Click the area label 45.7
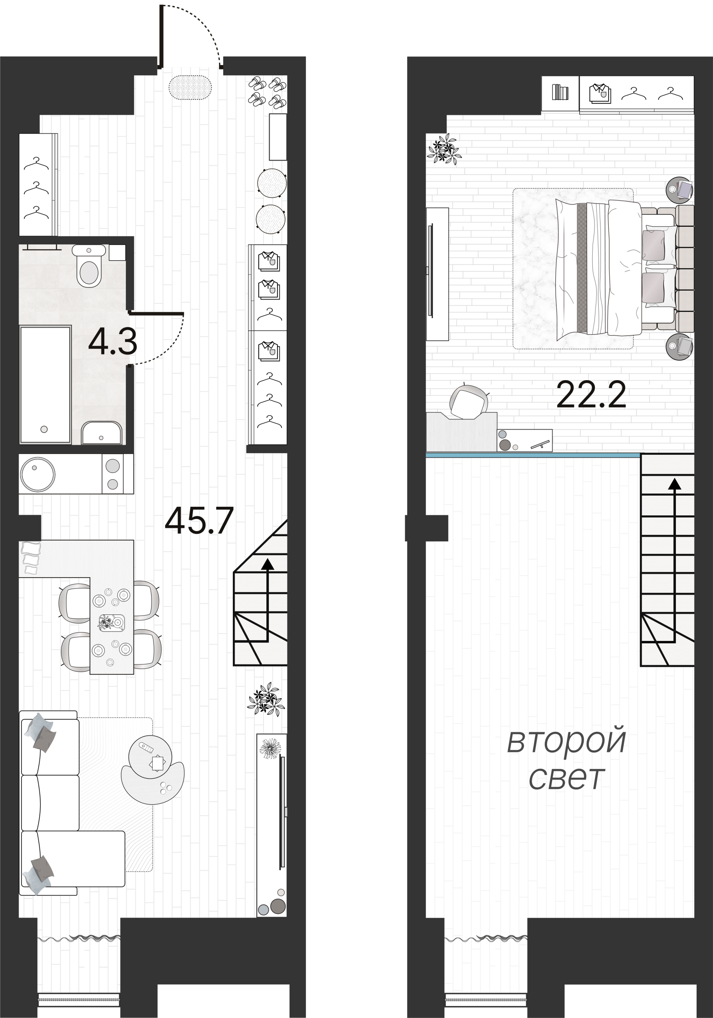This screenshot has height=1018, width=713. coord(199,521)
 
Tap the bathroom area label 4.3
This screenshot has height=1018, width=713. coord(113,342)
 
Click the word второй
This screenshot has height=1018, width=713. coord(566,740)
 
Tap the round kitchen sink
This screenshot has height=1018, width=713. coord(37,474)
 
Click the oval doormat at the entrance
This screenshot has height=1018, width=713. coord(190,87)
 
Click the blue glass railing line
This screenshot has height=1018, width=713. coord(532,455)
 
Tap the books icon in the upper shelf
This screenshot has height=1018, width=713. coord(560,93)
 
